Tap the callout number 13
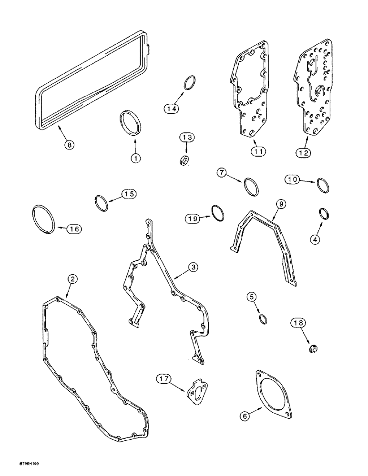coord(187,138)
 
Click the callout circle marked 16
coord(72,229)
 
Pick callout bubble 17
coord(164,379)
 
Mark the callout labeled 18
coord(298,324)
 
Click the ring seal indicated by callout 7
coord(251,186)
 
